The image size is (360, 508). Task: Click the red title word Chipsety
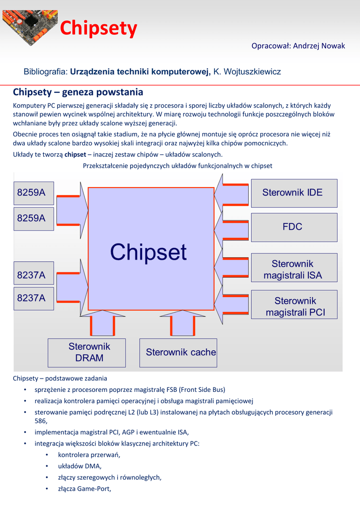coord(98,29)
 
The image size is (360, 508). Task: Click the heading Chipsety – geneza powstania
coord(78,92)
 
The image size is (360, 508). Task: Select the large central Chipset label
coord(148,252)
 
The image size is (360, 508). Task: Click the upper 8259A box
coord(34,193)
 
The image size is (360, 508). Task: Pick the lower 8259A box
coord(34,218)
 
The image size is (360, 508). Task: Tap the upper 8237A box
coord(34,274)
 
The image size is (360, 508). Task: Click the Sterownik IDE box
coord(294,192)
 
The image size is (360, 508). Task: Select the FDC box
coord(294,227)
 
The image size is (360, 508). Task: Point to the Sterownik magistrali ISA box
coord(294,269)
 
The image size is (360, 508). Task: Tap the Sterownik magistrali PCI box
coord(294,306)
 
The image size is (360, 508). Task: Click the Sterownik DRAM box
coord(87,352)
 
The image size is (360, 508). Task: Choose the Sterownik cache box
coord(178,352)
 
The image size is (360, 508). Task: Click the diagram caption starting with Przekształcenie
coord(177,166)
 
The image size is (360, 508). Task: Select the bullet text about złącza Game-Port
coord(84,489)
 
